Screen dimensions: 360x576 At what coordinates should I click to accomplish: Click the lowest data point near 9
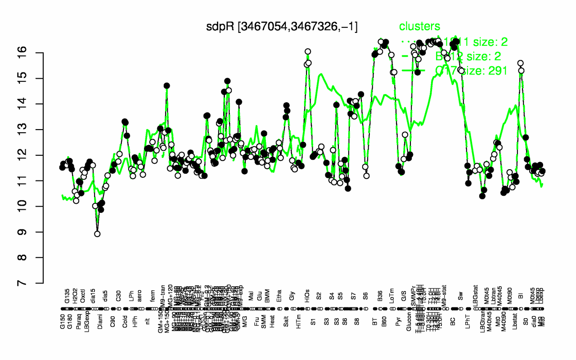pyautogui.click(x=97, y=234)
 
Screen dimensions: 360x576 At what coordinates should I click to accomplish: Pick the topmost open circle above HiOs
pyautogui.click(x=308, y=51)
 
